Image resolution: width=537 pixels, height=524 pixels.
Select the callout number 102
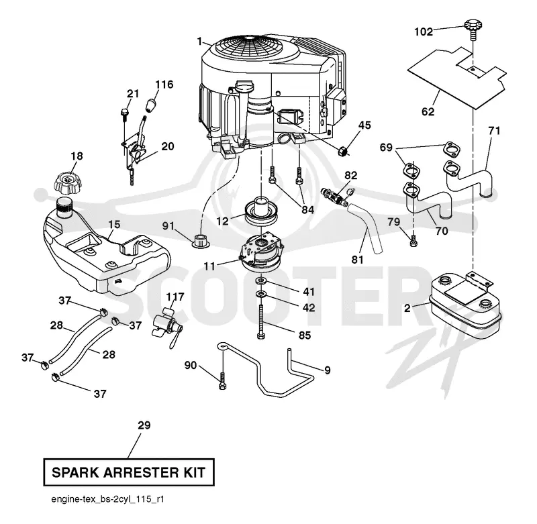[x=424, y=32]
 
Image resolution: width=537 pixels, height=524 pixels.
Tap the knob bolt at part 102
[x=473, y=30]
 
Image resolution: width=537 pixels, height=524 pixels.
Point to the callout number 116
[x=164, y=84]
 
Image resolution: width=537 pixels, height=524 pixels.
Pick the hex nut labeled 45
[x=343, y=150]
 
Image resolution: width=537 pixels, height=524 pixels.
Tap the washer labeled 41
[x=261, y=281]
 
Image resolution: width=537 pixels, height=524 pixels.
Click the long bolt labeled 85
[x=261, y=321]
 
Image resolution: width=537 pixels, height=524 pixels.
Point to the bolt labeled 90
[x=222, y=380]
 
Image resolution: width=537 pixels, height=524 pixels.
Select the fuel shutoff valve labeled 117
[x=166, y=324]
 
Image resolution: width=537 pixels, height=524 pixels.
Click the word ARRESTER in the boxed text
[x=141, y=472]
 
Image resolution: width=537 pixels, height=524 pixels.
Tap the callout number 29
[x=144, y=425]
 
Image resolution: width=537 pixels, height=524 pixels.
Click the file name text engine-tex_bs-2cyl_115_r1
[x=107, y=499]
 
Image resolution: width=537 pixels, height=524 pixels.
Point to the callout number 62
[x=428, y=111]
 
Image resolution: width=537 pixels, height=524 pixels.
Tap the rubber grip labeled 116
[x=150, y=105]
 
